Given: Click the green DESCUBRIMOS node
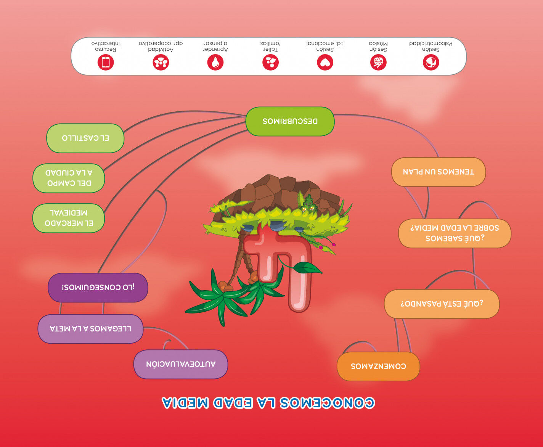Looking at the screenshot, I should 290,121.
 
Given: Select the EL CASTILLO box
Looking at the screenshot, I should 85,138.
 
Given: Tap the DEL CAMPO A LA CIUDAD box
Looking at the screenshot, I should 69,178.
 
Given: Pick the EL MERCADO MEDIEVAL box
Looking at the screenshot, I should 69,218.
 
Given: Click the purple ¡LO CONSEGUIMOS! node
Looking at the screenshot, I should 98,288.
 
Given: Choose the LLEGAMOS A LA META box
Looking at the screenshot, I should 90,329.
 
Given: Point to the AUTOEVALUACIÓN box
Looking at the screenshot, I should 181,364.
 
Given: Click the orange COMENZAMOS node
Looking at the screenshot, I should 378,366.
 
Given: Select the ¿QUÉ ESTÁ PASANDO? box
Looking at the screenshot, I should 442,304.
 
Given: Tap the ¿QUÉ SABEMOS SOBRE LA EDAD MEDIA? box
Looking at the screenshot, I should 455,233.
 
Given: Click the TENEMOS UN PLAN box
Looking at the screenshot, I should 439,172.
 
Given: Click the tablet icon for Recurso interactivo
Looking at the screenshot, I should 106,62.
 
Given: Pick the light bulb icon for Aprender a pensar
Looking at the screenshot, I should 215,62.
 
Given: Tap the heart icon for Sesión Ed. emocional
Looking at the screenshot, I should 325,63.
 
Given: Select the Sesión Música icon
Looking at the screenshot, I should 378,62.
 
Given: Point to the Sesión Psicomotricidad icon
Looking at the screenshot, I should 431,62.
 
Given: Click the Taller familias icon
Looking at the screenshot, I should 271,62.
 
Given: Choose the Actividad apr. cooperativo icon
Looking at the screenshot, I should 161,62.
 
